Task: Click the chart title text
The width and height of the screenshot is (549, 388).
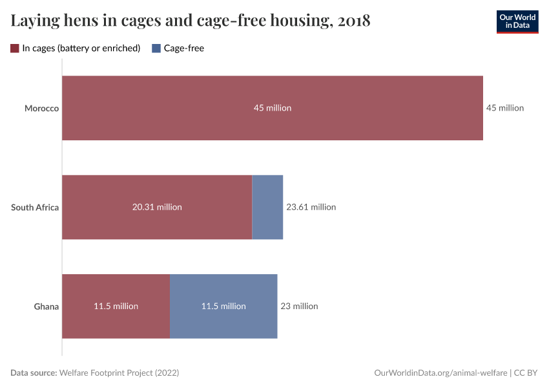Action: pos(191,21)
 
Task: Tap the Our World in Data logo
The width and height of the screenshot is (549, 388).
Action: pos(517,21)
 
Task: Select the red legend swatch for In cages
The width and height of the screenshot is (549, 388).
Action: pos(15,48)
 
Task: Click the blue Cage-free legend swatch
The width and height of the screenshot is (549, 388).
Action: pos(156,48)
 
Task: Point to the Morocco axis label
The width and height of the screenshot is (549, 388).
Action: pos(41,108)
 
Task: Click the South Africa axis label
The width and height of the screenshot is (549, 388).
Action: pos(35,208)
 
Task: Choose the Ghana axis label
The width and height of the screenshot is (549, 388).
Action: pos(47,307)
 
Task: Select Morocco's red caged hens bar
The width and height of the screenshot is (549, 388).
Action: pos(194,108)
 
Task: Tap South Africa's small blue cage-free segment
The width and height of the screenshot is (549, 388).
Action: pos(267,208)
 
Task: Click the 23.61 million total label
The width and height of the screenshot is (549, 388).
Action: pos(311,208)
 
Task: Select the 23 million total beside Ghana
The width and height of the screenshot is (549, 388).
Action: pos(299,307)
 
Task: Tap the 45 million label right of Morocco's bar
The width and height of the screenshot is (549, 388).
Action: pos(504,108)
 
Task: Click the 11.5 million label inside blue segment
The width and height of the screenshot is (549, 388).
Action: pos(223,307)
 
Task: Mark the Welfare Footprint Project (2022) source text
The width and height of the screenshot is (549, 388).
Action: pos(119,373)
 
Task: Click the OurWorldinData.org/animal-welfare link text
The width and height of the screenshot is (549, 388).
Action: pos(440,373)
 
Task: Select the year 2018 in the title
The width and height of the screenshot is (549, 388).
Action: pos(354,21)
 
